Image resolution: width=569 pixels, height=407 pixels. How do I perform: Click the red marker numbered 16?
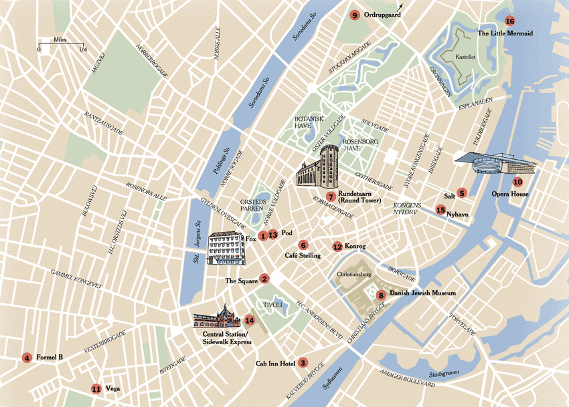click(510, 21)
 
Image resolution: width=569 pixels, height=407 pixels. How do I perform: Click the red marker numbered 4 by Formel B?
click(27, 358)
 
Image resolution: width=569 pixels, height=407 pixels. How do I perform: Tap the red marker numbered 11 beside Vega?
click(96, 388)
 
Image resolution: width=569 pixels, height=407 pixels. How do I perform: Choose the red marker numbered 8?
click(380, 295)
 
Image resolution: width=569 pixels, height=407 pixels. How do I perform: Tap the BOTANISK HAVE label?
click(309, 122)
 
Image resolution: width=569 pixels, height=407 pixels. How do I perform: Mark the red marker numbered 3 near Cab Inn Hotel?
click(303, 363)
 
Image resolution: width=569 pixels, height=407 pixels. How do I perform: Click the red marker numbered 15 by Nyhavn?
click(440, 210)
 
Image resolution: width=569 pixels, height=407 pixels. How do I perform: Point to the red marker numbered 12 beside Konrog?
click(337, 247)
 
